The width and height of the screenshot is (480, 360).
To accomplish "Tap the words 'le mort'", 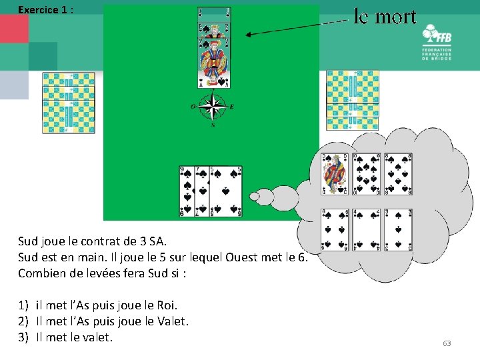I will [x=385, y=16].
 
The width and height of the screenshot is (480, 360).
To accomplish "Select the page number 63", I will [x=447, y=343].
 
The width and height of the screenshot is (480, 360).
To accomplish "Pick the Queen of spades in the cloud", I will [x=335, y=174].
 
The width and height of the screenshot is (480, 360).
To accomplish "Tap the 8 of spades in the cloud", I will [x=397, y=174].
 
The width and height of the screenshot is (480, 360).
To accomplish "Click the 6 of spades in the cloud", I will [x=335, y=231].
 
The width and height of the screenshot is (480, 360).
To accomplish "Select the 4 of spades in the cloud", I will [x=366, y=231].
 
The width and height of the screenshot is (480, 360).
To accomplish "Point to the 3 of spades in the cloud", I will [x=397, y=231].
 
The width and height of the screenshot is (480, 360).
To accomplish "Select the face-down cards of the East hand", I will [x=353, y=100].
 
